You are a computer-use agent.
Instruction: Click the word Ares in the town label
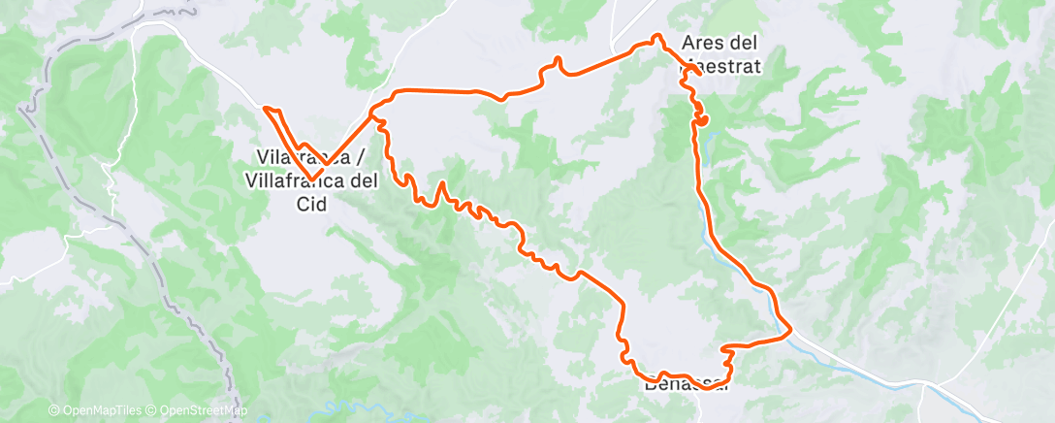701,44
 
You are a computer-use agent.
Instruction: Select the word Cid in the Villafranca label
312,204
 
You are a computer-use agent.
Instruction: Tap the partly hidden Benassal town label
685,383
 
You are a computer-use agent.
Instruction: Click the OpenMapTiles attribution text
94,411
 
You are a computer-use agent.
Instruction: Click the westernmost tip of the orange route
264,108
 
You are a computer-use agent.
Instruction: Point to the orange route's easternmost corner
791,330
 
